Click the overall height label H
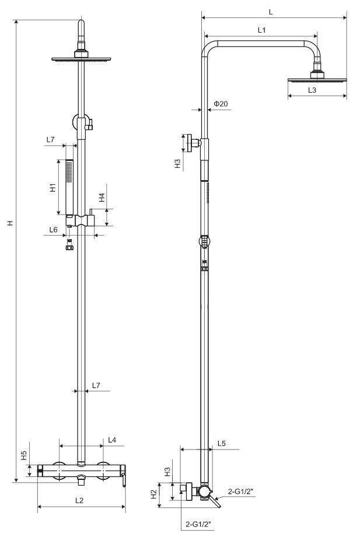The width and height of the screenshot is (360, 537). (x=11, y=223)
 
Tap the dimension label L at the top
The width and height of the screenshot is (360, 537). (x=271, y=12)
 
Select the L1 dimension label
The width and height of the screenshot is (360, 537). (x=261, y=30)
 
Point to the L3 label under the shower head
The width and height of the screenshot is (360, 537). (x=312, y=90)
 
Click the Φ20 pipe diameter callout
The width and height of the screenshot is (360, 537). (x=221, y=103)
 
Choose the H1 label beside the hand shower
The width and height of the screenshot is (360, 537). (x=53, y=187)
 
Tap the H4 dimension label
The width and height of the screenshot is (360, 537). (x=102, y=197)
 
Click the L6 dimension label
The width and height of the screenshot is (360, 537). (x=53, y=230)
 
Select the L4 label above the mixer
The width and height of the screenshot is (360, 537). (x=112, y=440)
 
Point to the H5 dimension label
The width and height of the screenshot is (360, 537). (x=24, y=455)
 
